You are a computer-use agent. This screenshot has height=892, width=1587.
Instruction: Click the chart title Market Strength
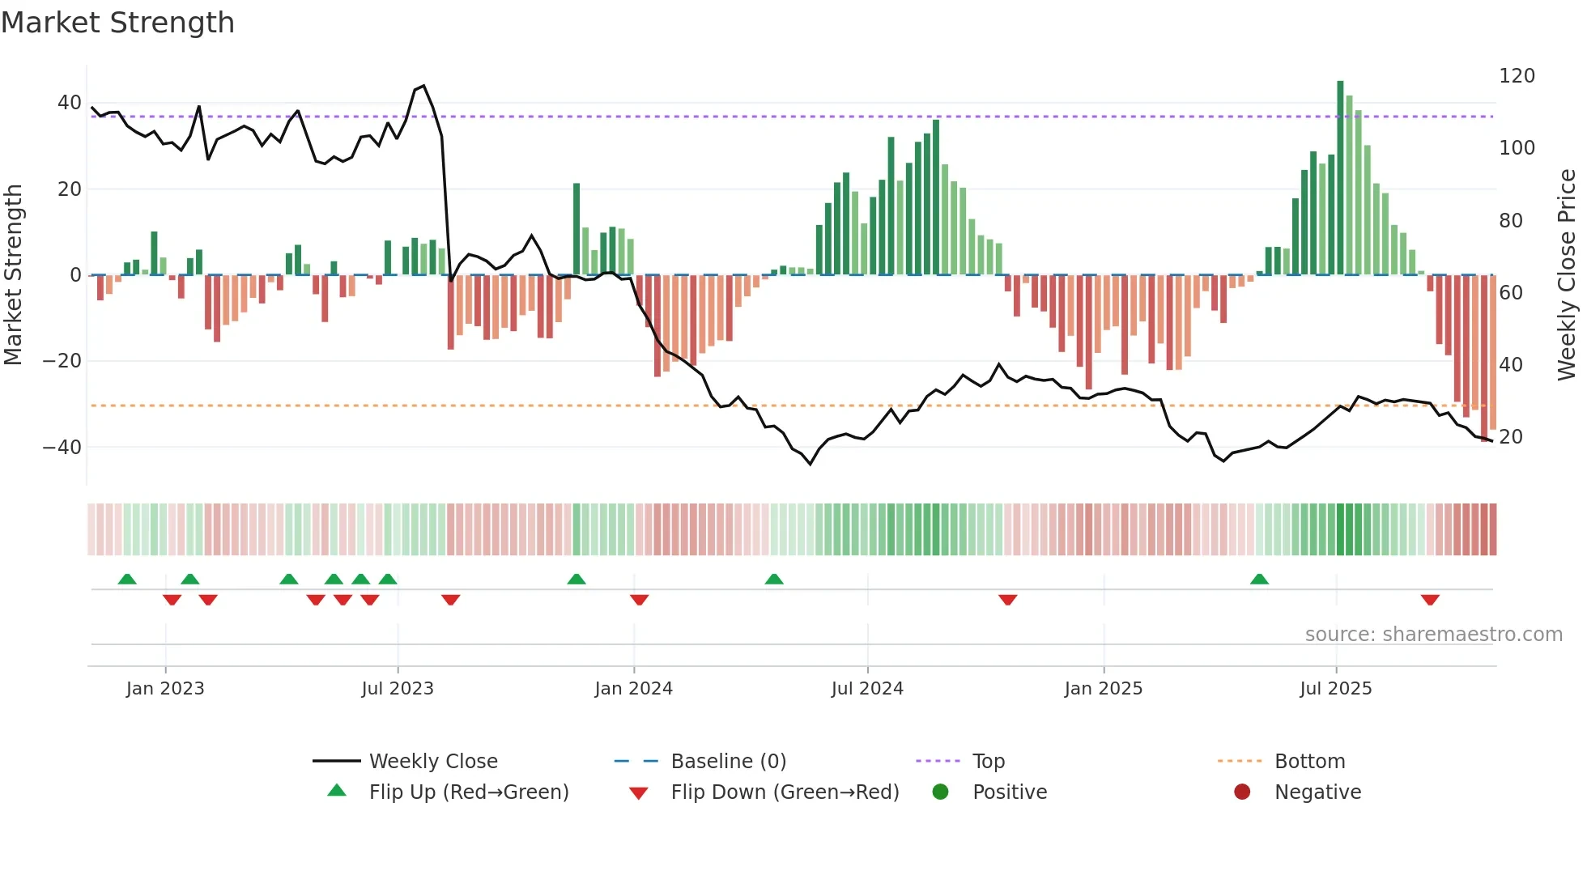point(117,23)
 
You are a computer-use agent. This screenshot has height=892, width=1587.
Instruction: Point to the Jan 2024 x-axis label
point(633,689)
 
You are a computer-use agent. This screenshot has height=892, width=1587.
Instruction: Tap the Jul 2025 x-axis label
point(1335,689)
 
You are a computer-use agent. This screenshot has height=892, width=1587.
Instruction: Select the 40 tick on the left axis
point(69,103)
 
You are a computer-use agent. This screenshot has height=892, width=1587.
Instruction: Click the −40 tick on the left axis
point(62,448)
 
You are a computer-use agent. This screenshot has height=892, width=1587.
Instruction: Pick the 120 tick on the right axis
point(1517,76)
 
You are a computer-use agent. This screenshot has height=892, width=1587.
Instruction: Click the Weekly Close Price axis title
point(1567,275)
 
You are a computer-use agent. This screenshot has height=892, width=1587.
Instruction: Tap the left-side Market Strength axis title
point(13,275)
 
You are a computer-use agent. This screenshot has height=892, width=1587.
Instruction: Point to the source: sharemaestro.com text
point(1433,635)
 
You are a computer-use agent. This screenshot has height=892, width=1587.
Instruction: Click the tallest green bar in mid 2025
point(1340,178)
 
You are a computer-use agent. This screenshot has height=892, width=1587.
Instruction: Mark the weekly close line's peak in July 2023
point(423,86)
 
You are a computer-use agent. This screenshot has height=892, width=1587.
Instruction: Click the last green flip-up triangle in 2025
point(1259,580)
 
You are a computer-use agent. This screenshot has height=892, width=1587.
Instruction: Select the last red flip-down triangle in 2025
point(1430,600)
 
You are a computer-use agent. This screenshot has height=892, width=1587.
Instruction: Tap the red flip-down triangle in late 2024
point(1007,600)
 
